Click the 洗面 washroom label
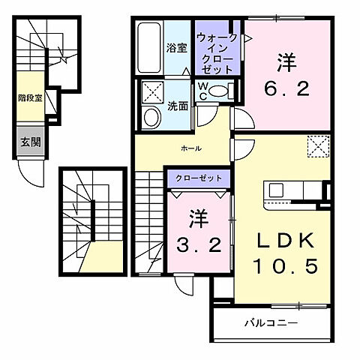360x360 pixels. [x=178, y=106]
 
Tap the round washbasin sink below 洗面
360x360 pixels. [x=150, y=118]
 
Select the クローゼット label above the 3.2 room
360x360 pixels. [x=193, y=178]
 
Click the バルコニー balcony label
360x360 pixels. [x=271, y=324]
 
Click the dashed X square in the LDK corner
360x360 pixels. [x=319, y=145]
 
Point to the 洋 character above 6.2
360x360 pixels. [x=285, y=60]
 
